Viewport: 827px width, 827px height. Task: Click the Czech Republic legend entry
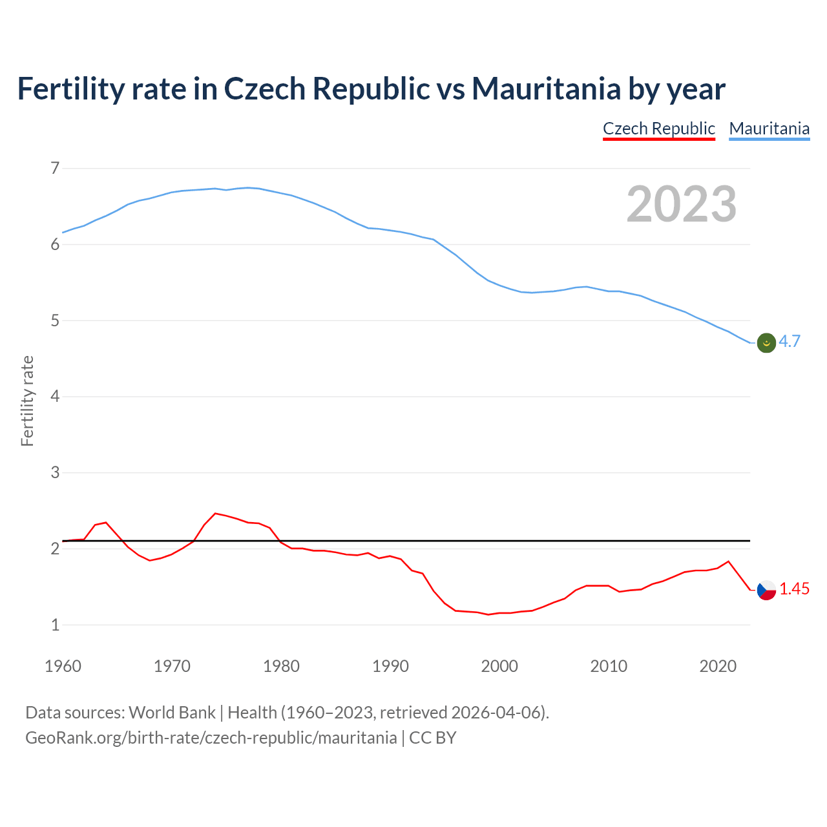coord(658,129)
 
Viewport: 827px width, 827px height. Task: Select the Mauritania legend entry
coord(769,129)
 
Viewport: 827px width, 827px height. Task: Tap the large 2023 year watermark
coord(681,204)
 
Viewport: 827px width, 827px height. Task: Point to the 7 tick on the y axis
coord(55,169)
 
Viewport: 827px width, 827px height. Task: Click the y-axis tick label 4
coord(55,396)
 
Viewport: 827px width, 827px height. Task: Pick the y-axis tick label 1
coord(55,625)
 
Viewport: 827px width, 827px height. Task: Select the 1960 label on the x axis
coord(63,666)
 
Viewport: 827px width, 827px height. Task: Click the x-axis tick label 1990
coord(390,666)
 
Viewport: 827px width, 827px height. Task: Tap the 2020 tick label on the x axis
coord(718,666)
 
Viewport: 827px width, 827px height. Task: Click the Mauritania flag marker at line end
coord(766,343)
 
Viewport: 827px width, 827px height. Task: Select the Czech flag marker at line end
coord(766,590)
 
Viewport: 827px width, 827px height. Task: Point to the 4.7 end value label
coord(790,342)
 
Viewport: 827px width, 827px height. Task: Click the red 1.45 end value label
coord(794,589)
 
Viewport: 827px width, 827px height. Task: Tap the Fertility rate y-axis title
coord(27,401)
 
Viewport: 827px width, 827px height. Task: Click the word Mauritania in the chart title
coord(546,89)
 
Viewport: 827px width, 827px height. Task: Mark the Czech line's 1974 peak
coord(215,513)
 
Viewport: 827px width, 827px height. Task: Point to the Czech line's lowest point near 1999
coord(488,614)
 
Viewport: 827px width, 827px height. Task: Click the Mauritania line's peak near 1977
coord(248,187)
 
